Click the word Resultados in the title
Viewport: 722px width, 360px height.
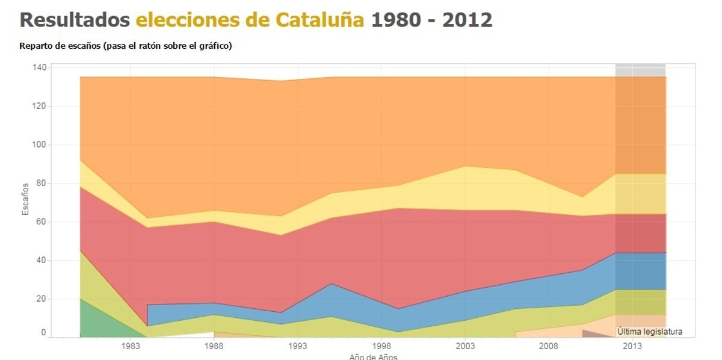[75, 20]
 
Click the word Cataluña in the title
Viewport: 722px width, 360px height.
[319, 20]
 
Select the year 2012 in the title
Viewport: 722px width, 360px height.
[467, 20]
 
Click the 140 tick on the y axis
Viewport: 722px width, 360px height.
[39, 67]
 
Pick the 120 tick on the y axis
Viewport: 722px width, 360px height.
[39, 106]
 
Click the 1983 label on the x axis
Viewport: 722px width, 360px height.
[131, 346]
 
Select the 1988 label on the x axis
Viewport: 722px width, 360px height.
[214, 346]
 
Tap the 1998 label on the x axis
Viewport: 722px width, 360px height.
[381, 346]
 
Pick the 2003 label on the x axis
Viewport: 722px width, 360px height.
[465, 346]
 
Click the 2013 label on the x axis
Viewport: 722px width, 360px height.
[632, 346]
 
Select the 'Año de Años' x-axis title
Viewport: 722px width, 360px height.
[373, 356]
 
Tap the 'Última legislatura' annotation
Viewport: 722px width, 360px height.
[650, 332]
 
